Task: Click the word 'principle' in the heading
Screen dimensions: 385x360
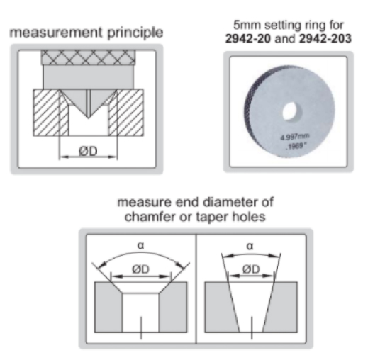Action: click(x=135, y=33)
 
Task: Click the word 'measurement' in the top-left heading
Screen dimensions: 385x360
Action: click(x=56, y=33)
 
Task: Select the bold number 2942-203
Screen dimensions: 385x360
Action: click(x=325, y=38)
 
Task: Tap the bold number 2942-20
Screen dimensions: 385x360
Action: click(x=247, y=38)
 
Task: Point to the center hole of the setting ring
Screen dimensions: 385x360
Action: click(x=292, y=111)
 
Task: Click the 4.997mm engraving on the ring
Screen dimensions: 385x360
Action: click(x=295, y=137)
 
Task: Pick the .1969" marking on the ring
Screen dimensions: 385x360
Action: click(x=296, y=146)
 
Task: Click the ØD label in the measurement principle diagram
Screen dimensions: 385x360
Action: click(x=88, y=151)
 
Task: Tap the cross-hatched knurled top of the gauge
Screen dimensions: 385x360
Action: click(x=88, y=57)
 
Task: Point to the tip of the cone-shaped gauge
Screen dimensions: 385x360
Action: click(x=88, y=118)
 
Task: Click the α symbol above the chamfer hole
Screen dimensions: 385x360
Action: click(x=140, y=245)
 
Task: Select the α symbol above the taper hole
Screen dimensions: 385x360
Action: click(x=249, y=246)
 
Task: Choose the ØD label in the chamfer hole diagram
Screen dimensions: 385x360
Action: click(x=140, y=269)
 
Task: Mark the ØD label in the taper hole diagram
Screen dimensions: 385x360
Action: click(x=251, y=269)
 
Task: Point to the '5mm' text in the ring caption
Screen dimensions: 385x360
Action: click(x=247, y=25)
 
